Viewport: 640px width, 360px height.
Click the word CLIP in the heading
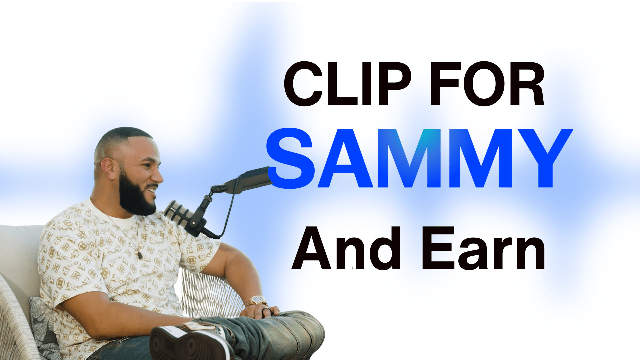347,84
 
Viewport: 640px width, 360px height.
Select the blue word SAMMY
419,158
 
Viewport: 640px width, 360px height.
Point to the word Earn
483,249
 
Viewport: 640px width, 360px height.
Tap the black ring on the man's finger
266,311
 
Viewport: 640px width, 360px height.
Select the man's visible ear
109,169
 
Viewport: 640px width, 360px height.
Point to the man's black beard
135,197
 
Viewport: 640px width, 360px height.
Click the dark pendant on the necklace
140,255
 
